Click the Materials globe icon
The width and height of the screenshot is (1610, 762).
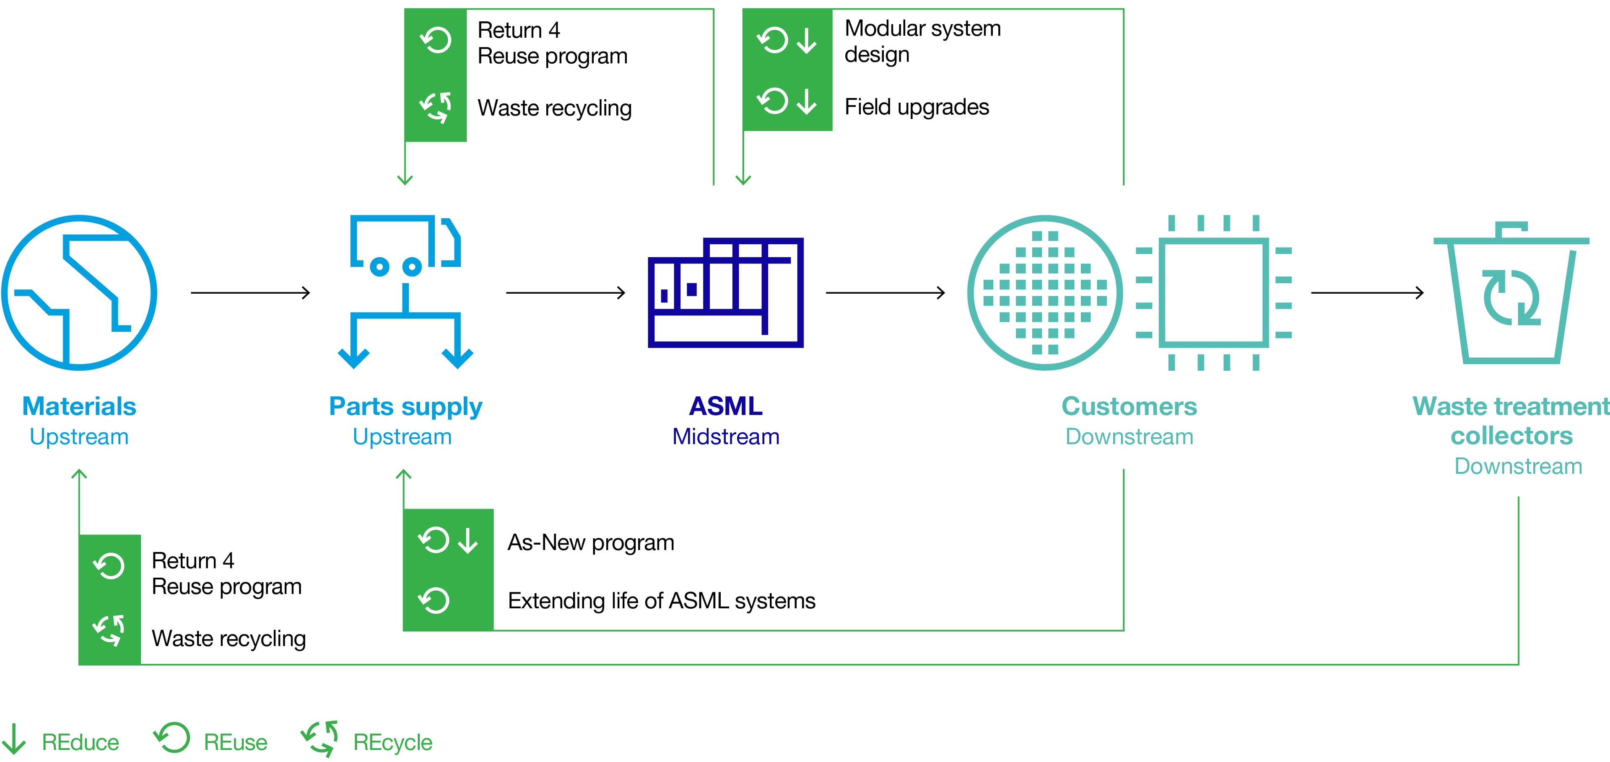pos(79,292)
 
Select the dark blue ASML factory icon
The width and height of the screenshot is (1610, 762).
pos(726,292)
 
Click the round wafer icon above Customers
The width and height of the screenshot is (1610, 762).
pos(1045,292)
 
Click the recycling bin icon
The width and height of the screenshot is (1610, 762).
pos(1511,294)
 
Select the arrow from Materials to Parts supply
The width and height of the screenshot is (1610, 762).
pos(250,292)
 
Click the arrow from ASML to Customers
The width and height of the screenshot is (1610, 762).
pos(885,292)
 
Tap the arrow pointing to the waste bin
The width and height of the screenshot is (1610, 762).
pos(1368,292)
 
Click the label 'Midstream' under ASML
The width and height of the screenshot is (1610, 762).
pos(726,437)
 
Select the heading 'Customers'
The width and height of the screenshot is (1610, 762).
pos(1129,407)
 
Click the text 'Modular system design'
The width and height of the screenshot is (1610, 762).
pos(922,41)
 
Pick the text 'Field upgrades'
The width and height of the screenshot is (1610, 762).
pos(916,107)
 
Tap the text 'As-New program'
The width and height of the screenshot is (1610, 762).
pos(591,542)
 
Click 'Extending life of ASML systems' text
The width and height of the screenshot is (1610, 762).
pos(661,601)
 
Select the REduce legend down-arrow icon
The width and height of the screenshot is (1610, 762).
pos(14,739)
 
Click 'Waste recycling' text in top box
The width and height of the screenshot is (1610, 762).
pos(554,108)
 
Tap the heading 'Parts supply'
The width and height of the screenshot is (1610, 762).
pos(405,407)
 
